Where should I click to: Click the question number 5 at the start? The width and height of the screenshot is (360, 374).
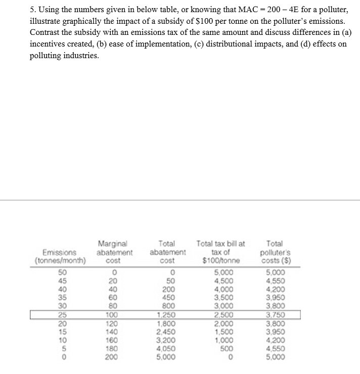coord(32,11)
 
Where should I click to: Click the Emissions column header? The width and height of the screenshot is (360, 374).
coord(60,256)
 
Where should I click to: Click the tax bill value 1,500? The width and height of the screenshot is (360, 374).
coord(221,332)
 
